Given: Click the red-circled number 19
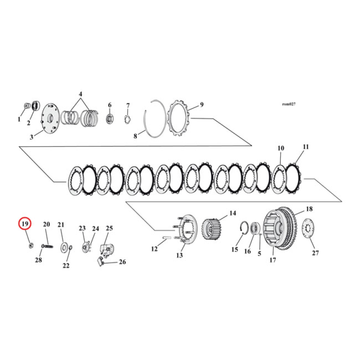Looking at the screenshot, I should point(25,224).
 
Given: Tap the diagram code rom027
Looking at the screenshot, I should point(288,103).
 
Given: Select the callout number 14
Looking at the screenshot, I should point(232,213).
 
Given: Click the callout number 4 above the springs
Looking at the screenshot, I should point(81,94).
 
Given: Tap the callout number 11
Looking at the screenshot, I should point(306,147).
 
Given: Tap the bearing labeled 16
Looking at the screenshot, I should point(254,228).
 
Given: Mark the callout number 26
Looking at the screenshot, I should point(122,262).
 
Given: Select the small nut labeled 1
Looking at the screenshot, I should point(26,106).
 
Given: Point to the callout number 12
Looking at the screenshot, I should point(154,249).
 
